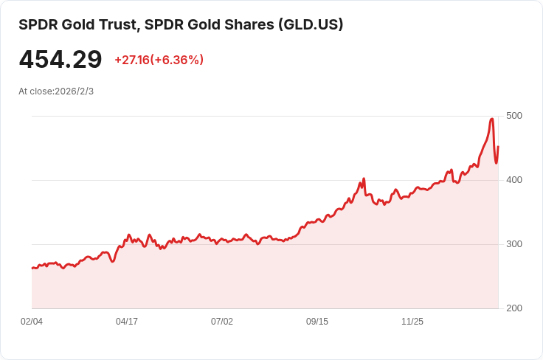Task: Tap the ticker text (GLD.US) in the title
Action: pyautogui.click(x=310, y=24)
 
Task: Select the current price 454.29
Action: pyautogui.click(x=60, y=60)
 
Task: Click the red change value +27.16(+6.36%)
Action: pyautogui.click(x=159, y=60)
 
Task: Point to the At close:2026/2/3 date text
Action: pyautogui.click(x=56, y=91)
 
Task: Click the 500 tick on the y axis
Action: pyautogui.click(x=514, y=116)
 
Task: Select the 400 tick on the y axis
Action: pyautogui.click(x=514, y=180)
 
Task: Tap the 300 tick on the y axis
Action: pyautogui.click(x=514, y=244)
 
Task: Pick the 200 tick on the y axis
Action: pyautogui.click(x=514, y=308)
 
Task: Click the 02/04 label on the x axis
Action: pyautogui.click(x=32, y=322)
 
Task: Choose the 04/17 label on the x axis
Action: pyautogui.click(x=127, y=322)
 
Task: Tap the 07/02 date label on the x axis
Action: pyautogui.click(x=222, y=322)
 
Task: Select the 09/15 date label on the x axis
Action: pyautogui.click(x=317, y=322)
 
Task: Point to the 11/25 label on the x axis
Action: pyautogui.click(x=412, y=322)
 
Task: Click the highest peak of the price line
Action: pyautogui.click(x=492, y=119)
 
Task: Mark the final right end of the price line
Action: pyautogui.click(x=498, y=147)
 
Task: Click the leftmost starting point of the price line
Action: pyautogui.click(x=32, y=268)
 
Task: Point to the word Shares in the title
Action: pyautogui.click(x=249, y=24)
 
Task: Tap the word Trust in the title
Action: pyautogui.click(x=117, y=24)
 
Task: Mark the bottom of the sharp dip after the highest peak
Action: pyautogui.click(x=496, y=163)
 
